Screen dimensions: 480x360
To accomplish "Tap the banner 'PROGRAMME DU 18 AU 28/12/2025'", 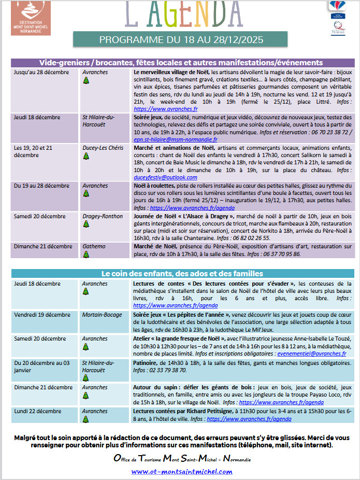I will (180, 39).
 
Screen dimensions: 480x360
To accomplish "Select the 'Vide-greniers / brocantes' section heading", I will (181, 63).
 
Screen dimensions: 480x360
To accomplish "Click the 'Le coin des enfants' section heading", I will (181, 273).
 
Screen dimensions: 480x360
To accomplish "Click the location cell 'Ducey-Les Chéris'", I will (103, 148).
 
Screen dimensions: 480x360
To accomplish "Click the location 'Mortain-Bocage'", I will (102, 315).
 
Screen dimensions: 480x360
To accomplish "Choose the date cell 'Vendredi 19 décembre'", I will (42, 315).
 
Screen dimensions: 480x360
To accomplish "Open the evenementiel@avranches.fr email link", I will (314, 354).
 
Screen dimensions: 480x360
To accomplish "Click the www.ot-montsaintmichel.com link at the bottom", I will (181, 471).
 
